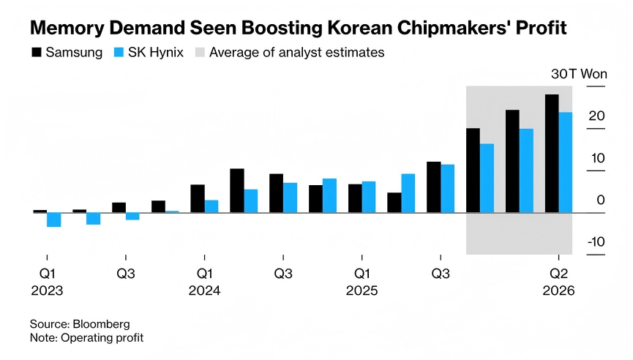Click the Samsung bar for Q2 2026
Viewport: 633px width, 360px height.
pos(552,154)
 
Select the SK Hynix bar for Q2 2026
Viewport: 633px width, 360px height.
pos(566,162)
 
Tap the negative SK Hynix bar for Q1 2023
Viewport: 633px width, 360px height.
pos(53,220)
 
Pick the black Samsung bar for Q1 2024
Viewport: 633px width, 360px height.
pos(198,198)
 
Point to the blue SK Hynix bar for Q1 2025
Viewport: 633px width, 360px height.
pos(369,197)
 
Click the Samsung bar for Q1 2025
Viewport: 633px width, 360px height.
pos(355,198)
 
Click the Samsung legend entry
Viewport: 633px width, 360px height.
pos(66,53)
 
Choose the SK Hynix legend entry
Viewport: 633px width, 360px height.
pos(149,53)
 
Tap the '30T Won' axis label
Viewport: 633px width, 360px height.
pos(579,74)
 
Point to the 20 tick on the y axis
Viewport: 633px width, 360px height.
pos(597,116)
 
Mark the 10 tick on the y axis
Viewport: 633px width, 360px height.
pos(597,158)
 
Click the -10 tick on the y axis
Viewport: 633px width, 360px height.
pos(596,242)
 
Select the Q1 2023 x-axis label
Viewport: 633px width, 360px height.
pos(47,282)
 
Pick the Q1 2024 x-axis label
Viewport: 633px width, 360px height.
pos(205,282)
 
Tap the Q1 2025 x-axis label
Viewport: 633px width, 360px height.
pos(362,282)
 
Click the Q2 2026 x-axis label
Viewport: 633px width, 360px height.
pos(559,282)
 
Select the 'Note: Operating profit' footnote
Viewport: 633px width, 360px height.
pos(87,337)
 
